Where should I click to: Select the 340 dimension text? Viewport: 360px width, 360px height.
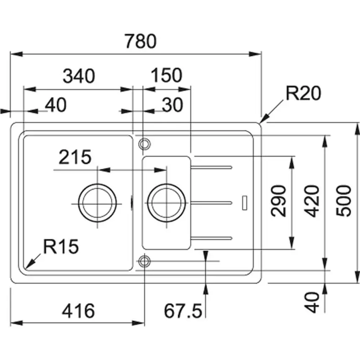coord(79,76)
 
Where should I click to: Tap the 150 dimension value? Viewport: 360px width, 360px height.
coord(166,76)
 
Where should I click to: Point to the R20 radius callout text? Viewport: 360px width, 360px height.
coord(303,94)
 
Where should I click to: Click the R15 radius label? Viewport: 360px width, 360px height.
coord(61,247)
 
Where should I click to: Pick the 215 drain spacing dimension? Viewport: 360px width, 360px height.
coord(75,157)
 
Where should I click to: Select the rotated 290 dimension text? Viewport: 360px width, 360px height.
coord(279,201)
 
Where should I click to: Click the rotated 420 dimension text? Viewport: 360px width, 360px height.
coord(312,201)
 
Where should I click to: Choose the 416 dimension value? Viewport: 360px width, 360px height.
coord(79,311)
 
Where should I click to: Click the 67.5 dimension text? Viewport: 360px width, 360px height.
coord(183,311)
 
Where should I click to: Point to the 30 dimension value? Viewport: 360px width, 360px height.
coord(172,105)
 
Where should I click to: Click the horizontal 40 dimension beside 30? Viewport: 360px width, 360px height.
coord(56,105)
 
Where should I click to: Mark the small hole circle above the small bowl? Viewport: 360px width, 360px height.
coord(144,144)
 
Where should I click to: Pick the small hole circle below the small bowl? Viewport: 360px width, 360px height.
coord(144,261)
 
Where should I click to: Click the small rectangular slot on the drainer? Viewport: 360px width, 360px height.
coord(244,203)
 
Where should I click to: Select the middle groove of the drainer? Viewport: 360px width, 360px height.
coord(211,203)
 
